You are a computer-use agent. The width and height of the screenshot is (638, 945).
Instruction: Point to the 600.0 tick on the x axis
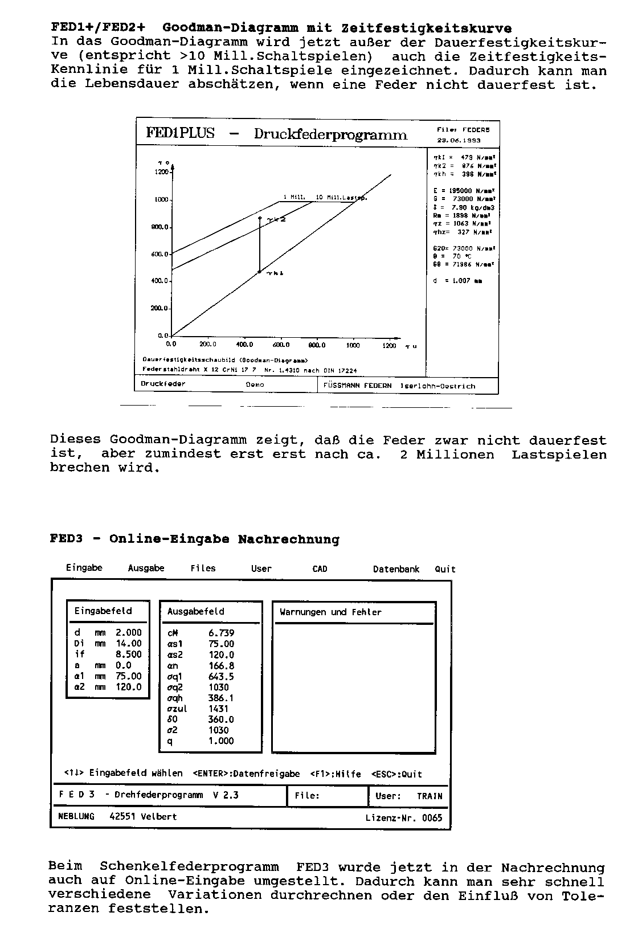pyautogui.click(x=281, y=344)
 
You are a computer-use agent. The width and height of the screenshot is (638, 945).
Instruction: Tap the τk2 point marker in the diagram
pyautogui.click(x=260, y=218)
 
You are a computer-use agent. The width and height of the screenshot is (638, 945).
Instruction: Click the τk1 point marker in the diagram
pyautogui.click(x=260, y=272)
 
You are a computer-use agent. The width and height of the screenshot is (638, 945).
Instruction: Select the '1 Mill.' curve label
pyautogui.click(x=294, y=197)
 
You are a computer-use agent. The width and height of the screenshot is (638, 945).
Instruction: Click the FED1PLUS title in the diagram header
pyautogui.click(x=180, y=133)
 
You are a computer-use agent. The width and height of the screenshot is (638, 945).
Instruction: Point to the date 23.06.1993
pyautogui.click(x=459, y=140)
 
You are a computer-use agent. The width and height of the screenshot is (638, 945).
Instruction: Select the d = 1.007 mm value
pyautogui.click(x=457, y=281)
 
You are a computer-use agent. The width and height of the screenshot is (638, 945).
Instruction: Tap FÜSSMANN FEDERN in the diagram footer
pyautogui.click(x=357, y=386)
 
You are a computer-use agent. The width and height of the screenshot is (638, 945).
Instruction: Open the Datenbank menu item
pyautogui.click(x=396, y=569)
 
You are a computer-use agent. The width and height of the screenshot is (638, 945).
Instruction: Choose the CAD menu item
pyautogui.click(x=320, y=569)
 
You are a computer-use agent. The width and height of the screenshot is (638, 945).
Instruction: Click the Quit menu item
pyautogui.click(x=445, y=569)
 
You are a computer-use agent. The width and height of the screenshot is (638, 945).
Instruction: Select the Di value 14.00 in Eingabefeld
pyautogui.click(x=129, y=644)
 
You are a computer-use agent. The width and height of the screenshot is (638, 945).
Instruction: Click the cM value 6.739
pyautogui.click(x=221, y=633)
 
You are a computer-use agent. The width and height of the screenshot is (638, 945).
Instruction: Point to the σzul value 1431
pyautogui.click(x=218, y=709)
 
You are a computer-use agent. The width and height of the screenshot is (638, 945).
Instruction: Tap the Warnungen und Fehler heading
pyautogui.click(x=330, y=612)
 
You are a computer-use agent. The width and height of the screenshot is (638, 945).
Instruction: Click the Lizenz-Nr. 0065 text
pyautogui.click(x=403, y=818)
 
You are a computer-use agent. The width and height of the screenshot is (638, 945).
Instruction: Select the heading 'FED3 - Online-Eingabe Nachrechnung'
pyautogui.click(x=194, y=539)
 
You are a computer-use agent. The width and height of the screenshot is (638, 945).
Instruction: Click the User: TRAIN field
pyautogui.click(x=408, y=796)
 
